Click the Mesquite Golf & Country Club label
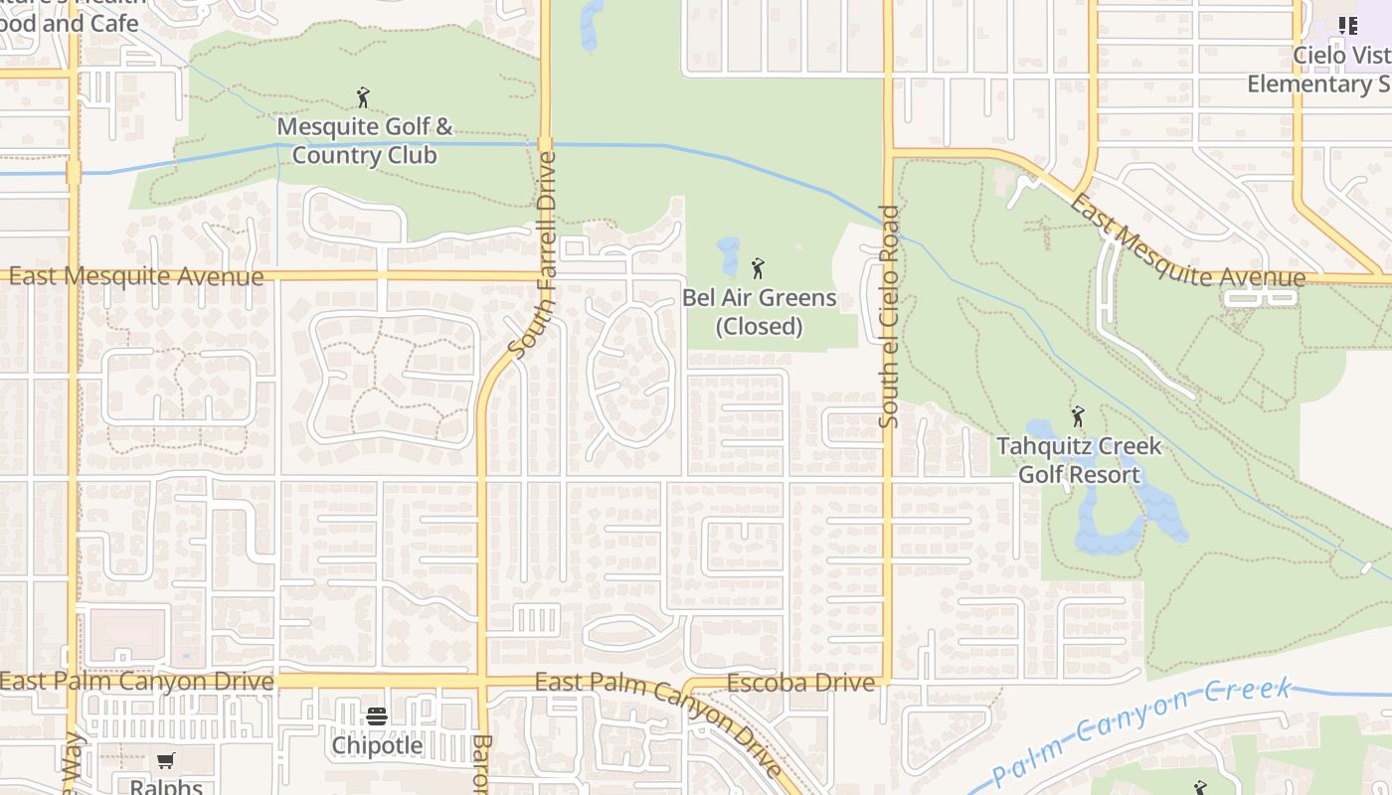[x=364, y=141]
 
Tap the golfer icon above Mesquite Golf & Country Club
[x=363, y=97]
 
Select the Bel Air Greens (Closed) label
[x=759, y=312]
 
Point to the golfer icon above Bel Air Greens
[x=758, y=267]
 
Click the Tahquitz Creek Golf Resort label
[x=1079, y=460]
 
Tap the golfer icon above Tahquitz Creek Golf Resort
[x=1078, y=416]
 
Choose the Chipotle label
[x=377, y=745]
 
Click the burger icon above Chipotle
[x=377, y=715]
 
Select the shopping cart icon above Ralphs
[x=166, y=761]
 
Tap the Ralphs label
[x=166, y=787]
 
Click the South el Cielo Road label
[x=889, y=317]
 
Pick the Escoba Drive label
[x=800, y=683]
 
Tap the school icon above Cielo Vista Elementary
[x=1348, y=26]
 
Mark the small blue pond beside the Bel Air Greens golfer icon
[x=729, y=256]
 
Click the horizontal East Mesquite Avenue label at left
[x=136, y=276]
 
